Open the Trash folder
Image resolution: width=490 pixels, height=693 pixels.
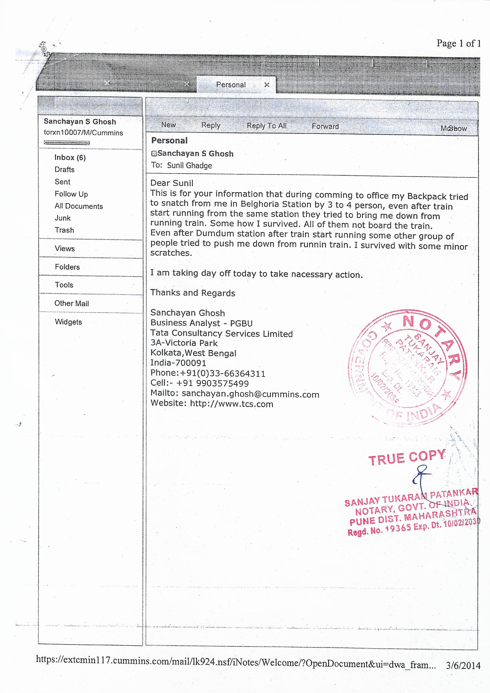pyautogui.click(x=64, y=230)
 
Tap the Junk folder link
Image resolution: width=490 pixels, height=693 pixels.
pyautogui.click(x=62, y=218)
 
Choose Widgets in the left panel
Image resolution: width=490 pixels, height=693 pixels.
pyautogui.click(x=68, y=322)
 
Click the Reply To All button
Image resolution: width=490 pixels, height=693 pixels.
pyautogui.click(x=266, y=126)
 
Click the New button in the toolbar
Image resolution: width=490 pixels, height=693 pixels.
pyautogui.click(x=168, y=125)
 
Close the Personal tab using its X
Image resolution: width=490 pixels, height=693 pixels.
pyautogui.click(x=267, y=85)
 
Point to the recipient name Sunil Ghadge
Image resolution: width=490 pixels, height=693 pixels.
pyautogui.click(x=189, y=166)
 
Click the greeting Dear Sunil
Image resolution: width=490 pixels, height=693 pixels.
pyautogui.click(x=172, y=183)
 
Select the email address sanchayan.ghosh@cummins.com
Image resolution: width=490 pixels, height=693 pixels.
pyautogui.click(x=250, y=394)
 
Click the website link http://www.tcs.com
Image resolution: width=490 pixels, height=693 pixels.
pyautogui.click(x=231, y=404)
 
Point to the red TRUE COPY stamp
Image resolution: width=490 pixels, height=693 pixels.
pyautogui.click(x=407, y=458)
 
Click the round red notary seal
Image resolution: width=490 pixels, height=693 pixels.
pyautogui.click(x=407, y=367)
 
